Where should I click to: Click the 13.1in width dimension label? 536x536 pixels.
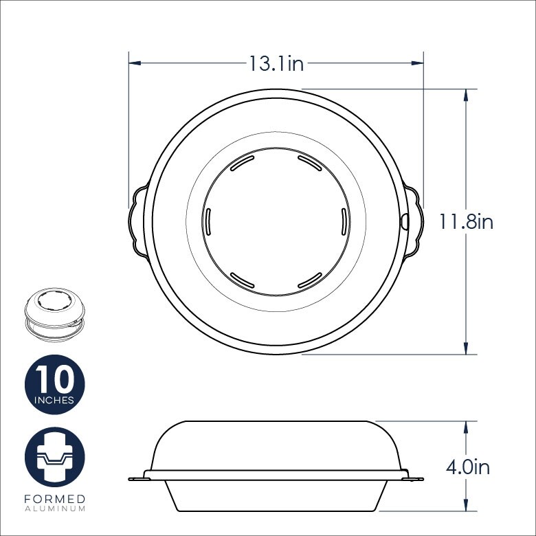coord(276,64)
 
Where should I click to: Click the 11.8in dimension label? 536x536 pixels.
coord(467,221)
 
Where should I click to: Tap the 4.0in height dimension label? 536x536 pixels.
coord(467,467)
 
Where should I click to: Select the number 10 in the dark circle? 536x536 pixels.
coord(55,379)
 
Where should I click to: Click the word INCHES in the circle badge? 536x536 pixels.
coord(55,400)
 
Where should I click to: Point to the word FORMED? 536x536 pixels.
coord(54,498)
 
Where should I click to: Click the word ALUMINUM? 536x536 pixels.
coord(54,509)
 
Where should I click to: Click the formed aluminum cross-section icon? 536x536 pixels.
coord(55,457)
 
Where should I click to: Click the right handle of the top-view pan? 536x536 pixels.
coord(412,221)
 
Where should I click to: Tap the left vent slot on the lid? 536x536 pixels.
coord(206,222)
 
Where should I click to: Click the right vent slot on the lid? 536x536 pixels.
coord(342,222)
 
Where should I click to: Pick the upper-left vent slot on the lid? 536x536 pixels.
coord(241,164)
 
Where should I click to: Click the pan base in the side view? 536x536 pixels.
coord(275,496)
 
